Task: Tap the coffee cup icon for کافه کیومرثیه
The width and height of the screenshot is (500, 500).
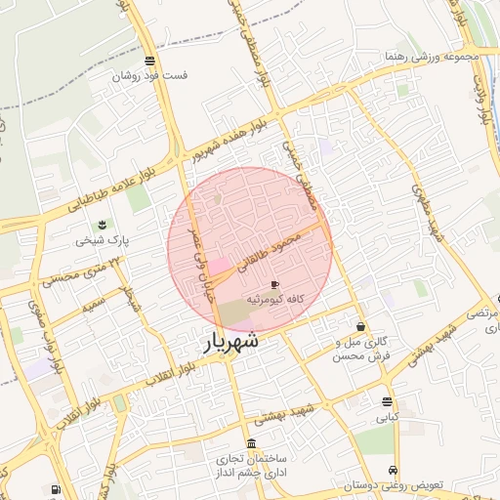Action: [274, 283]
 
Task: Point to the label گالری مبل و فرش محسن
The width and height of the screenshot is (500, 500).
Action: [360, 348]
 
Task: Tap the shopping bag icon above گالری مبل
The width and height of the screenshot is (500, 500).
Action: [361, 326]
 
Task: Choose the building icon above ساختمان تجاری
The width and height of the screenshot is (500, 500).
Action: [252, 444]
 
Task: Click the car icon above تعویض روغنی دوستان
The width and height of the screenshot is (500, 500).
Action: [393, 470]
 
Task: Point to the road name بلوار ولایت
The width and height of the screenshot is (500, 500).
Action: [481, 99]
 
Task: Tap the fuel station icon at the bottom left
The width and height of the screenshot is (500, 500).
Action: [55, 489]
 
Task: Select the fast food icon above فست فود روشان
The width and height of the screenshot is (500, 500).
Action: [149, 61]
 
